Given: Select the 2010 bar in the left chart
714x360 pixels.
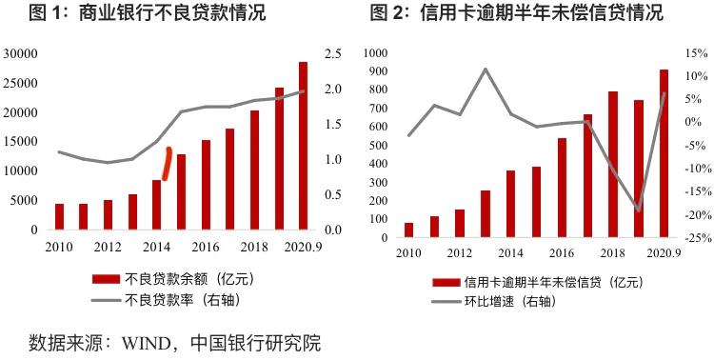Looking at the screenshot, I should click(59, 216).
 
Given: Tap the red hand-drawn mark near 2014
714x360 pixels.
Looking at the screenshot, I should click(167, 163).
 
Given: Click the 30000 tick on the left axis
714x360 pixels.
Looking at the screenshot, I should click(20, 54).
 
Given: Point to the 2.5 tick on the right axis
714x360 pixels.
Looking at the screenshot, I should click(333, 54).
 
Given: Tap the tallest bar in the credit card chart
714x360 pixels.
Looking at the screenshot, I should click(664, 152).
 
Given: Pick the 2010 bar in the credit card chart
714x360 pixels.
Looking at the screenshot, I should click(409, 229).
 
